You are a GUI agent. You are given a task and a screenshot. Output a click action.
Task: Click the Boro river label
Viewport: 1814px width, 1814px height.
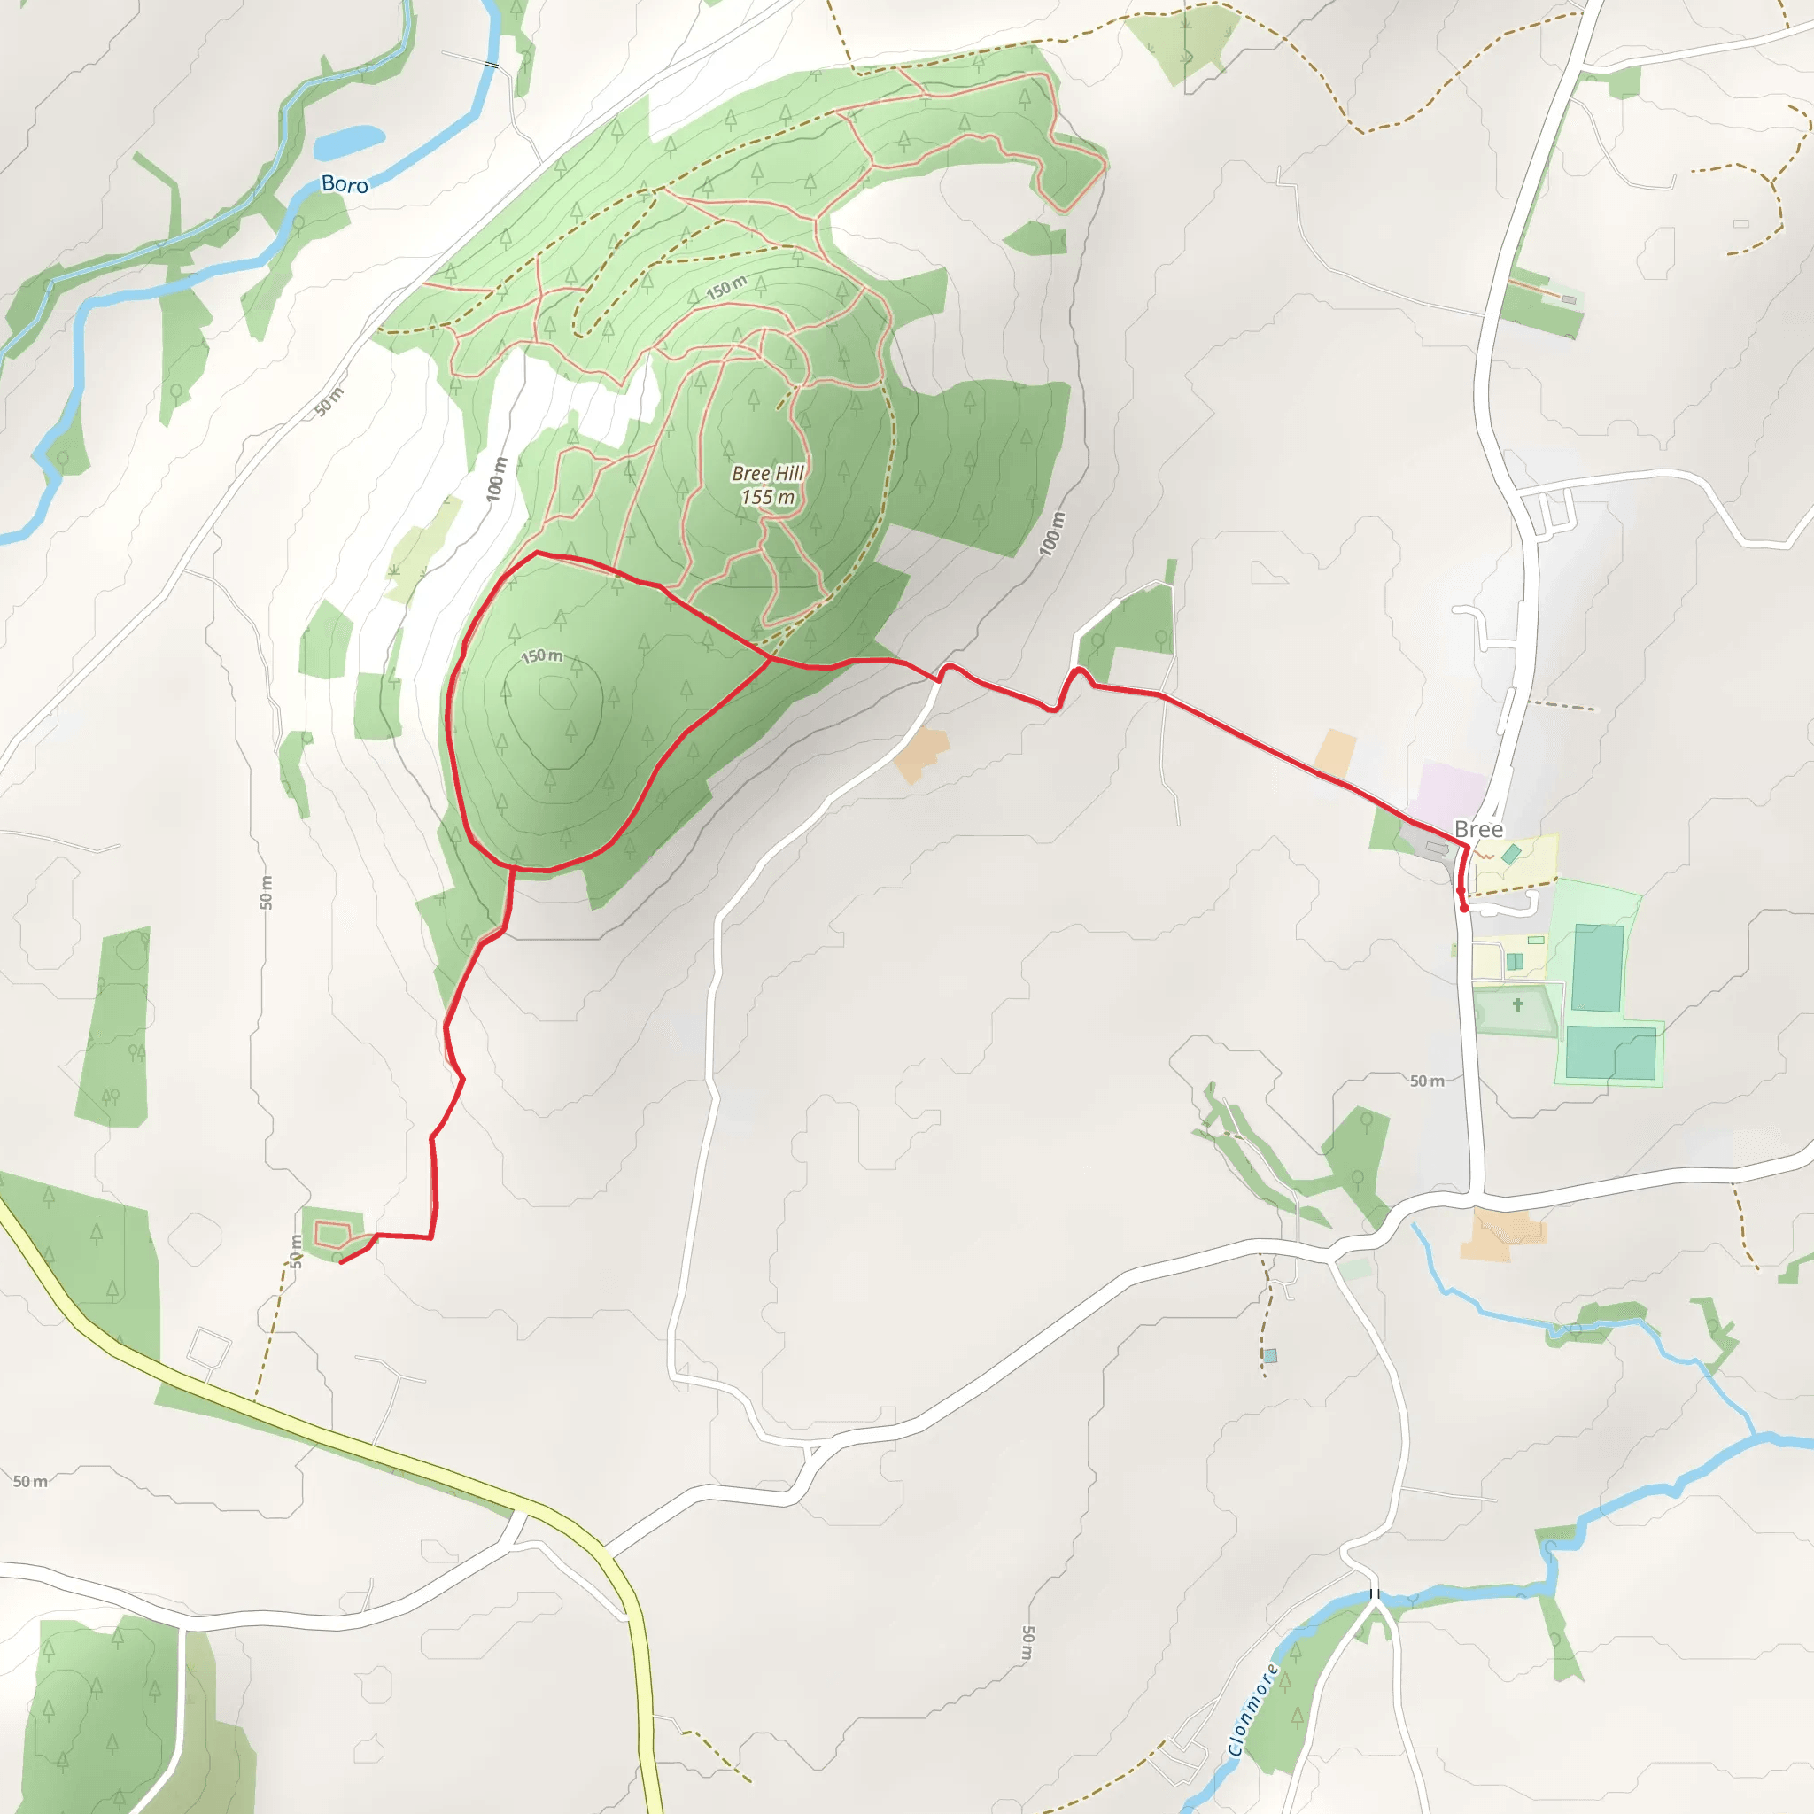(345, 184)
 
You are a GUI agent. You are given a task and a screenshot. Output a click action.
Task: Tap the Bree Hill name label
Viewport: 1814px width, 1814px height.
(767, 473)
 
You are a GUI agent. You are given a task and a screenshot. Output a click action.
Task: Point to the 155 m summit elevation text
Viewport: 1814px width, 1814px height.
(767, 498)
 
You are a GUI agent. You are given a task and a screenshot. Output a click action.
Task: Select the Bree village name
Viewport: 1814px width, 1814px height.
(1478, 829)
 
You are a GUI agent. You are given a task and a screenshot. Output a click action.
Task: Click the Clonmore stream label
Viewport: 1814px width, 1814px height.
(1252, 1709)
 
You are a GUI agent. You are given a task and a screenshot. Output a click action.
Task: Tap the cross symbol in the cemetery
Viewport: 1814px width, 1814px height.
(1517, 1005)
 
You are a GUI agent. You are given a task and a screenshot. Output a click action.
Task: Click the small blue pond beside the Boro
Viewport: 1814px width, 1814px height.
(348, 142)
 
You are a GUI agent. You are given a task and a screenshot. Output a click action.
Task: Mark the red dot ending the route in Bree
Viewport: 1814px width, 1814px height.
(1464, 908)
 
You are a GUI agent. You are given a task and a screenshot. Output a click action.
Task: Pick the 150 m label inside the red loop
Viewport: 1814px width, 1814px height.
(542, 655)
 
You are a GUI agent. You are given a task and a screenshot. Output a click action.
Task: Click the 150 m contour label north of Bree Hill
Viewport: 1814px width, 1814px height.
(725, 288)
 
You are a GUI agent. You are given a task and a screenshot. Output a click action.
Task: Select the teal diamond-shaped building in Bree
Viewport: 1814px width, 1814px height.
(1511, 855)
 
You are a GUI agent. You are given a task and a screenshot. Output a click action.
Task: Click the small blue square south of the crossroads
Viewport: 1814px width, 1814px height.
(1270, 1356)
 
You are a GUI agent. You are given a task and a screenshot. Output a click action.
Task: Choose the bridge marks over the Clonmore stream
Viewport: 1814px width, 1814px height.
(1374, 1593)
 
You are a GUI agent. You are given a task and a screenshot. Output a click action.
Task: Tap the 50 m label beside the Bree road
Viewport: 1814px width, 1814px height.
(1426, 1081)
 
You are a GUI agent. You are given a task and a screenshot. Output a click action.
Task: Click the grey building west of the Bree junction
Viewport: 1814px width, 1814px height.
(1436, 849)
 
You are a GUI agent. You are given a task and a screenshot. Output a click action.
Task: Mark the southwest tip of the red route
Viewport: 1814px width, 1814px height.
(340, 1262)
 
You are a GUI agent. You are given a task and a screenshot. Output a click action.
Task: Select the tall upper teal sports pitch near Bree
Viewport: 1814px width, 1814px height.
(1597, 968)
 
